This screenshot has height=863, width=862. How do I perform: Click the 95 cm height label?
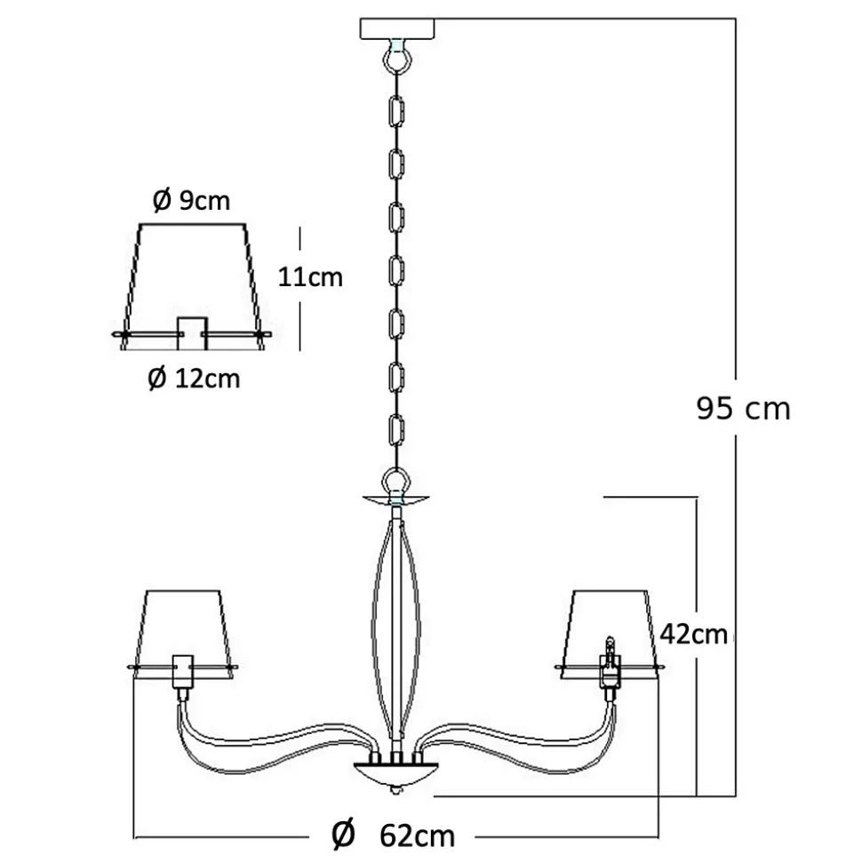coord(743,408)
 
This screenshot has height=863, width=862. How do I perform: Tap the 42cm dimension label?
coord(694,635)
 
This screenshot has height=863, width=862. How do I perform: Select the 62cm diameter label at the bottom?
coord(417,835)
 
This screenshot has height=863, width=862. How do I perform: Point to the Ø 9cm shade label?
coord(191,201)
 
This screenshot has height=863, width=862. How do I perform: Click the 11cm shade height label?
coord(310,277)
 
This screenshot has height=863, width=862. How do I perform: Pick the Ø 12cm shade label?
coord(193,379)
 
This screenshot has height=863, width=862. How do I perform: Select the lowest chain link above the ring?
coord(396,432)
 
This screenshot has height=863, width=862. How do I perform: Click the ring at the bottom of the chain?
coord(396,482)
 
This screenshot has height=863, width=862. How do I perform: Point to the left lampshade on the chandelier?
coord(184,627)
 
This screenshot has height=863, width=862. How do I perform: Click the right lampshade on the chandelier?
coord(610,627)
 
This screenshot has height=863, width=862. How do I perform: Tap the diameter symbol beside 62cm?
coord(343,835)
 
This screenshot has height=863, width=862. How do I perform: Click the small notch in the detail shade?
coord(193,326)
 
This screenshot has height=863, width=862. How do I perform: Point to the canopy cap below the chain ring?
coord(396,500)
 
